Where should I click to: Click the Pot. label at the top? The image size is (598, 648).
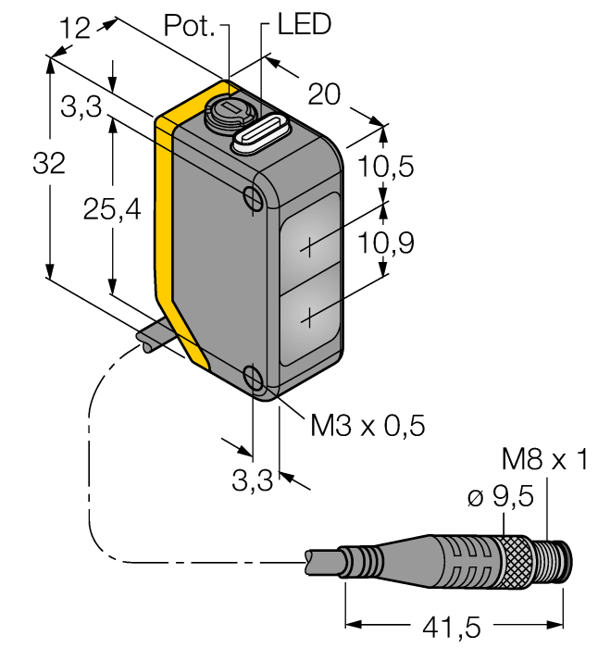coord(189,25)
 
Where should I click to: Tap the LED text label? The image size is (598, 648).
coord(304,25)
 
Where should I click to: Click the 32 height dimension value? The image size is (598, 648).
coord(48,165)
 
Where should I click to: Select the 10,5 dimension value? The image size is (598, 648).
coord(386,168)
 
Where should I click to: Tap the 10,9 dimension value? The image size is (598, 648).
coord(386,243)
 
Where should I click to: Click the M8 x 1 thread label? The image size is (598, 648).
coord(544,459)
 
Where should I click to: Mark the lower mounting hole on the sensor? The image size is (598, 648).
coord(253,376)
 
